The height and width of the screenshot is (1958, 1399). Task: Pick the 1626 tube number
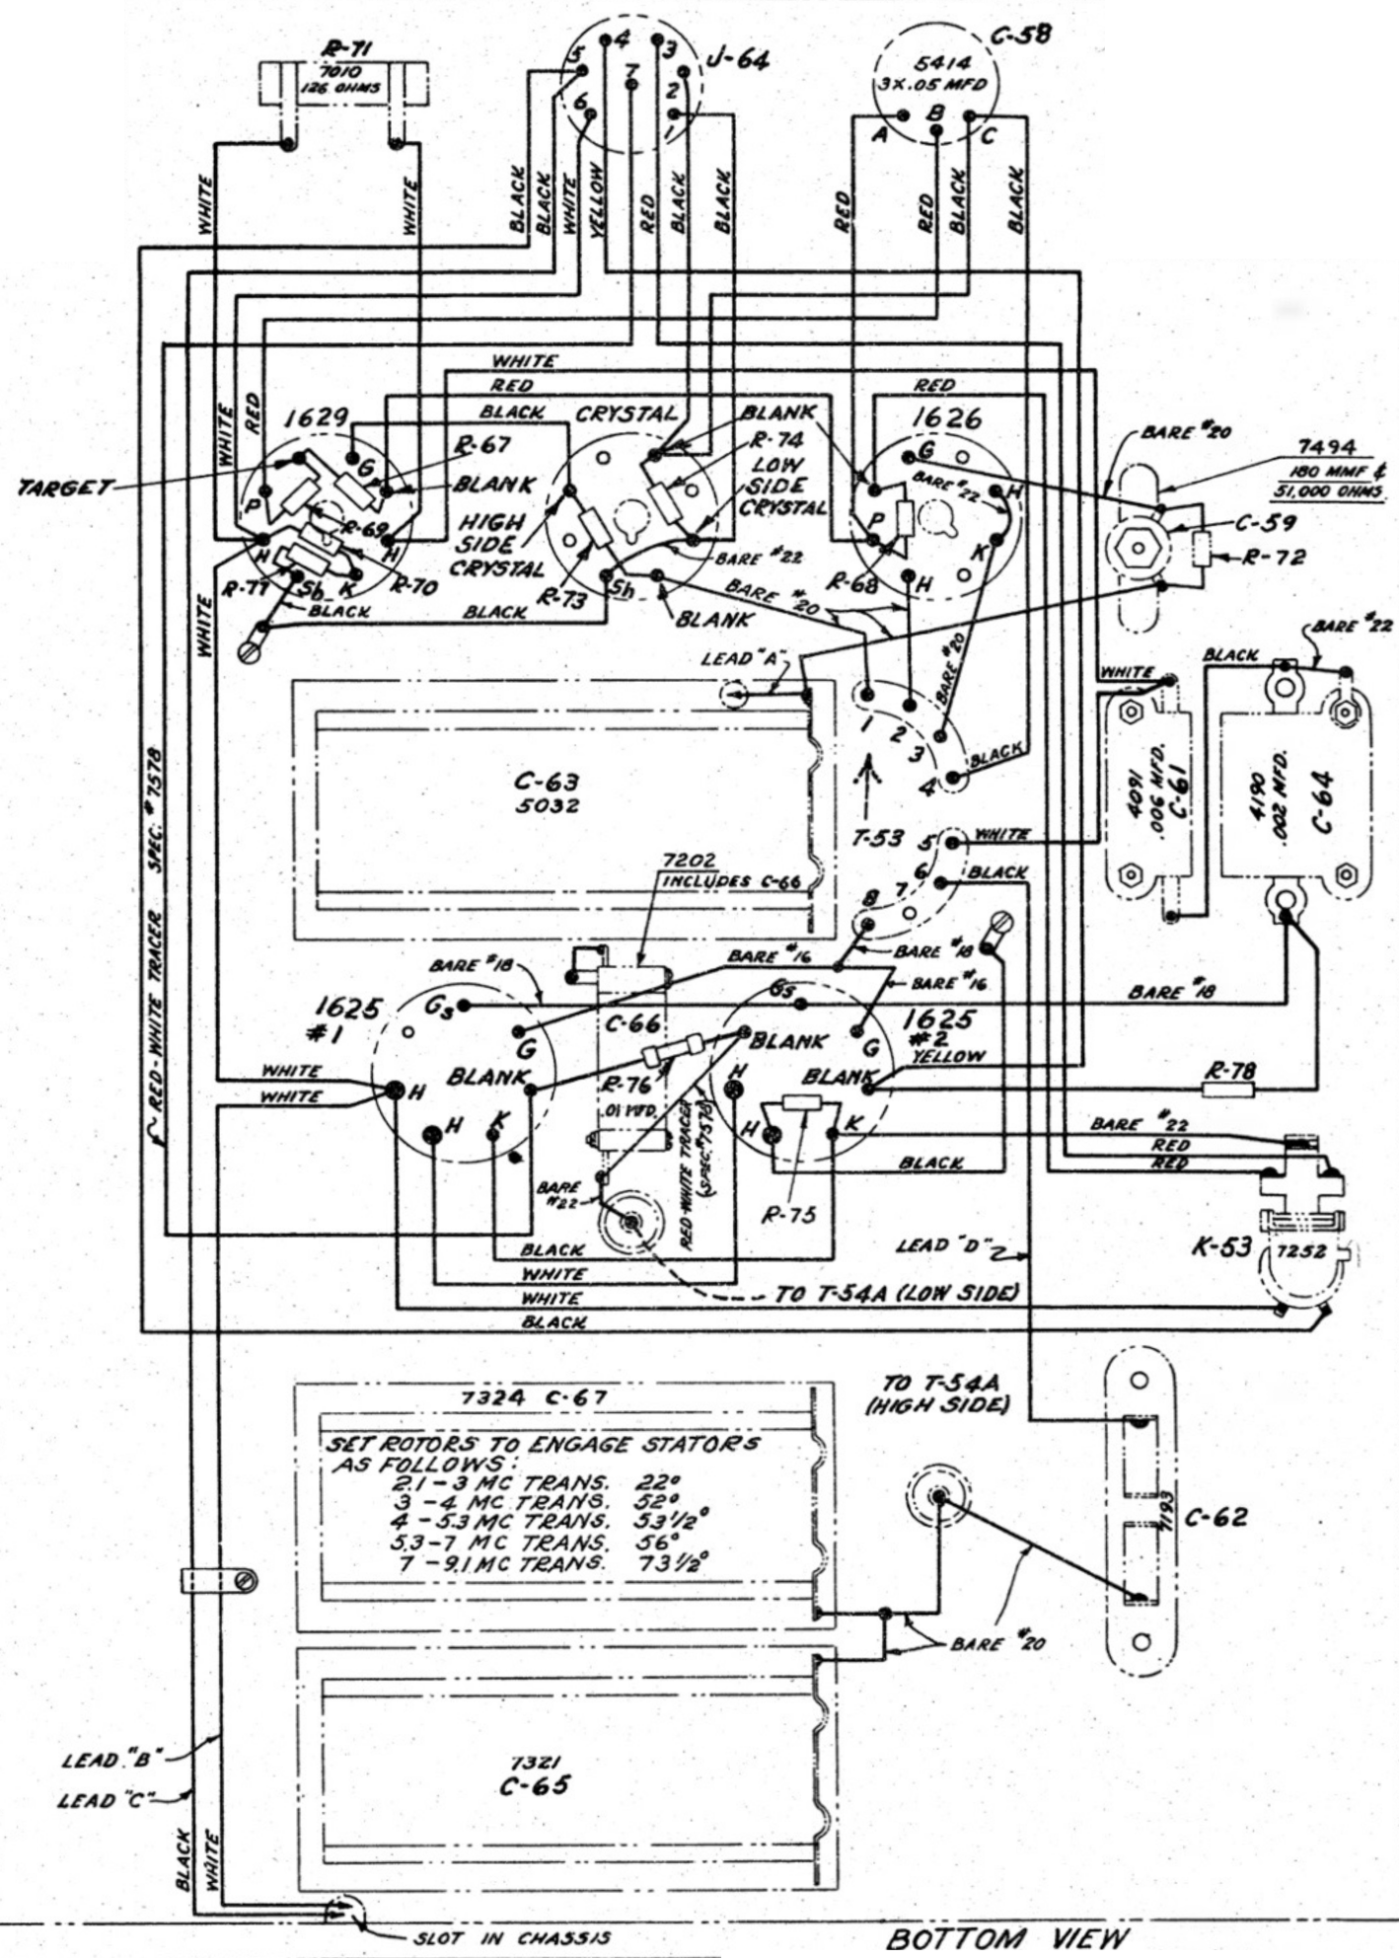coord(946,417)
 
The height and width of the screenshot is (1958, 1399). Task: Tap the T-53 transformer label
coord(875,839)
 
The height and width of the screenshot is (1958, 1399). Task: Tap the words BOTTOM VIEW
coord(1005,1937)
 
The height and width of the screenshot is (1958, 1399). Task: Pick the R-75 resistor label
coord(789,1215)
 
